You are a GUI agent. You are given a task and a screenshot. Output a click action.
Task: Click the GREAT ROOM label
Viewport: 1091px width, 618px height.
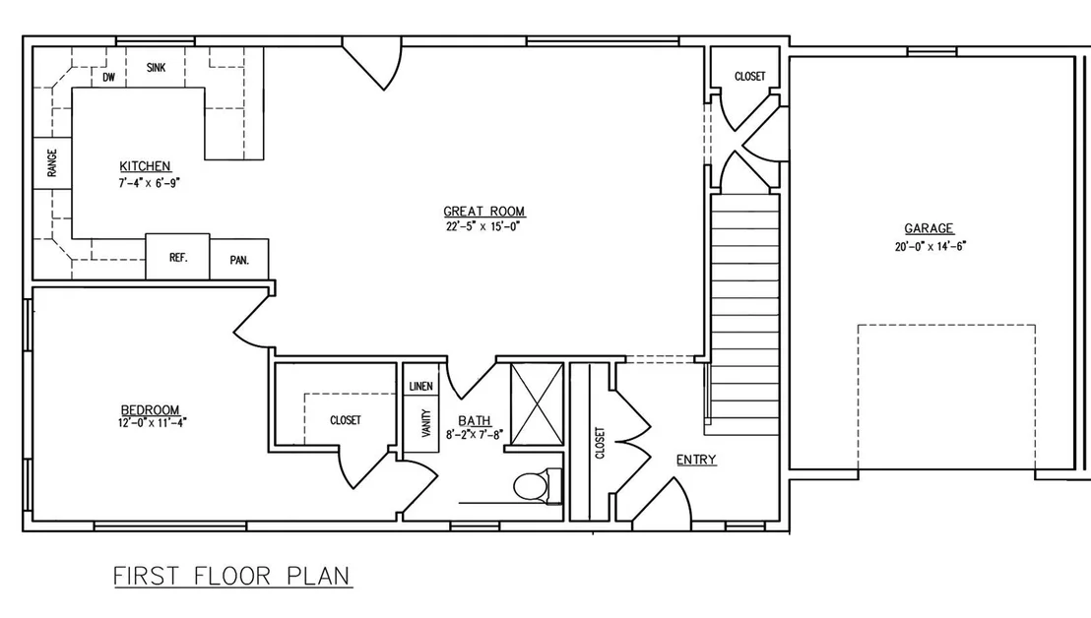[x=484, y=212]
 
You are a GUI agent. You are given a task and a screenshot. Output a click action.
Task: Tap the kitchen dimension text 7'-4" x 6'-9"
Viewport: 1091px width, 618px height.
[x=149, y=183]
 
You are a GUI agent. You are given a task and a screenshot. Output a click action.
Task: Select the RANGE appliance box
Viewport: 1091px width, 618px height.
[x=52, y=163]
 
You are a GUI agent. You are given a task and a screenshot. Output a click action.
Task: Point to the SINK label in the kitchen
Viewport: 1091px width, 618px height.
[x=156, y=68]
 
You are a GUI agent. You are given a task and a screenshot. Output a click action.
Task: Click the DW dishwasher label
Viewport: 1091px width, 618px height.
[x=109, y=77]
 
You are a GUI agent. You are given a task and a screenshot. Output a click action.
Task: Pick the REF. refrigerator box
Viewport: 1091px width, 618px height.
[x=177, y=257]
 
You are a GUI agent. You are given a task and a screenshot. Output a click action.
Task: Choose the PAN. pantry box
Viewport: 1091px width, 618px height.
[x=239, y=259]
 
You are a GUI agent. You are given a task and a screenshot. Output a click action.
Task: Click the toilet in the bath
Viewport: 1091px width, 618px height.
[x=538, y=486]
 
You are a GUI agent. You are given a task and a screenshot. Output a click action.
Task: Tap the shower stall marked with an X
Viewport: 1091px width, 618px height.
[x=538, y=403]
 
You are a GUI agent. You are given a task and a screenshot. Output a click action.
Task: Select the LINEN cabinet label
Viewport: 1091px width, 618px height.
[x=421, y=387]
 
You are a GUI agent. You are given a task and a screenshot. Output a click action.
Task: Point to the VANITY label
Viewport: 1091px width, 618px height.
[x=425, y=423]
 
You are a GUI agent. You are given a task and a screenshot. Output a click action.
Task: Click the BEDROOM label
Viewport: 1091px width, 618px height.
[x=151, y=410]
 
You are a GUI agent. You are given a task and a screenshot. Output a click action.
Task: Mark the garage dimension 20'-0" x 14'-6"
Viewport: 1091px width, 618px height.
[x=931, y=246]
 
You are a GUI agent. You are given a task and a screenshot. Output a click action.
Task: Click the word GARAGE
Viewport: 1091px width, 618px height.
[x=929, y=228]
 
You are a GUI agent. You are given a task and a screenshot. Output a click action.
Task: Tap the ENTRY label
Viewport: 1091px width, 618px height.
[x=696, y=460]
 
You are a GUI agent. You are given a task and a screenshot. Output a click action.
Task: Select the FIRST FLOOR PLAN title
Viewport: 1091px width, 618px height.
[x=231, y=577]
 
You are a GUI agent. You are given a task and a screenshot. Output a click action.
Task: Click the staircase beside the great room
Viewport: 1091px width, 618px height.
[x=744, y=314]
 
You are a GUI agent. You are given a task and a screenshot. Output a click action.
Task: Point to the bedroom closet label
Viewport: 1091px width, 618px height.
[x=345, y=420]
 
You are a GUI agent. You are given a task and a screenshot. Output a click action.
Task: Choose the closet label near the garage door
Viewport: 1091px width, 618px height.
[x=749, y=76]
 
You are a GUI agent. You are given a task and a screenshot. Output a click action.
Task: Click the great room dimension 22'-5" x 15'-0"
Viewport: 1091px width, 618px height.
[x=483, y=226]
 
